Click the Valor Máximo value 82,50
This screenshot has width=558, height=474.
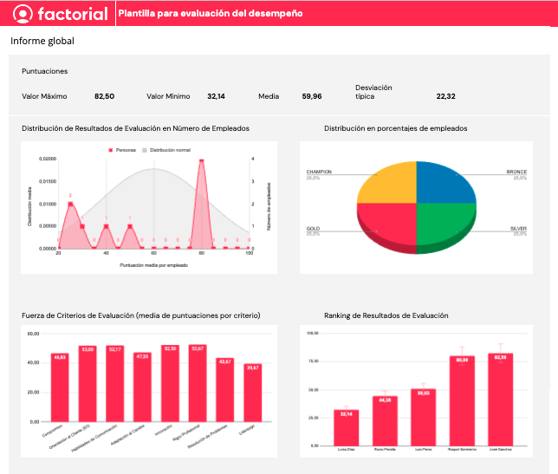click(x=104, y=97)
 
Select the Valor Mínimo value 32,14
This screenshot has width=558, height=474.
click(x=216, y=97)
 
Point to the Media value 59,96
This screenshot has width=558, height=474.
click(x=312, y=97)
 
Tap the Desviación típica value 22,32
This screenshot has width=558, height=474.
click(x=445, y=97)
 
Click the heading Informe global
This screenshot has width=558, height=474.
click(x=42, y=41)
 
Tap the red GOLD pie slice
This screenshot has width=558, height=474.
click(x=388, y=224)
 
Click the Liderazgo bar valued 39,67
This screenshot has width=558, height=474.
click(x=252, y=393)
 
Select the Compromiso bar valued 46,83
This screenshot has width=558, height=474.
click(x=60, y=387)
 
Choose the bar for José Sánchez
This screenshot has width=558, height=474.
click(x=501, y=399)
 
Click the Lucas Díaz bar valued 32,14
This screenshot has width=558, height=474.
click(x=347, y=428)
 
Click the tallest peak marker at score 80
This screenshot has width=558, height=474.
click(x=202, y=160)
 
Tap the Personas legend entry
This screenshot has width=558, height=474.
click(x=125, y=150)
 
